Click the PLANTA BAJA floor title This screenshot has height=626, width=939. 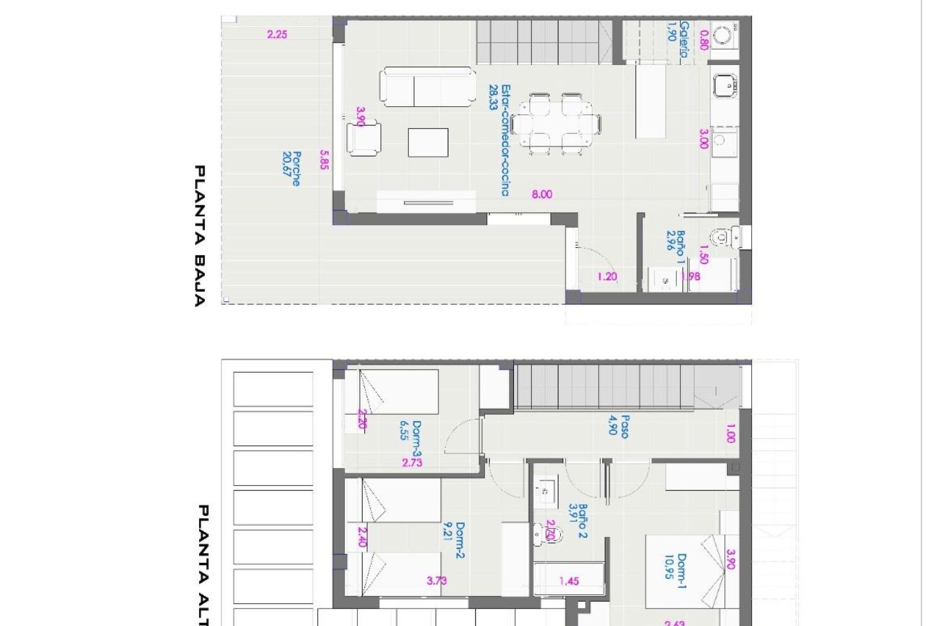tap(200, 236)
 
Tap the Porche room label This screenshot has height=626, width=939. tap(291, 169)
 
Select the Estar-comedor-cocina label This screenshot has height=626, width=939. tap(499, 140)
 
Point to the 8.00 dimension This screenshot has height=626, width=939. tap(542, 195)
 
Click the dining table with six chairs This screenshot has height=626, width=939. tap(556, 124)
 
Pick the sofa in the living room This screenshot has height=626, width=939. tap(427, 87)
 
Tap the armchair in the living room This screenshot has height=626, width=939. tap(364, 139)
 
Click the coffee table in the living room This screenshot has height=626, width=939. tap(428, 142)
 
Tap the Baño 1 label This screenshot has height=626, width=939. tap(675, 247)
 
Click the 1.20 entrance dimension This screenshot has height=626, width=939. tap(607, 277)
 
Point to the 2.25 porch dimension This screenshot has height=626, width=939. tap(277, 35)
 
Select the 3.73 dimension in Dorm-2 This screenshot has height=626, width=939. tap(437, 581)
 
